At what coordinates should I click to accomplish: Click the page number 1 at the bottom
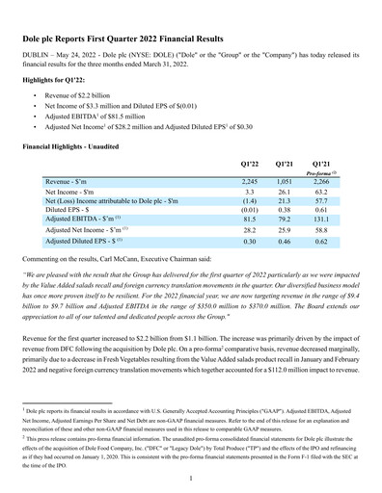[191, 477]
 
